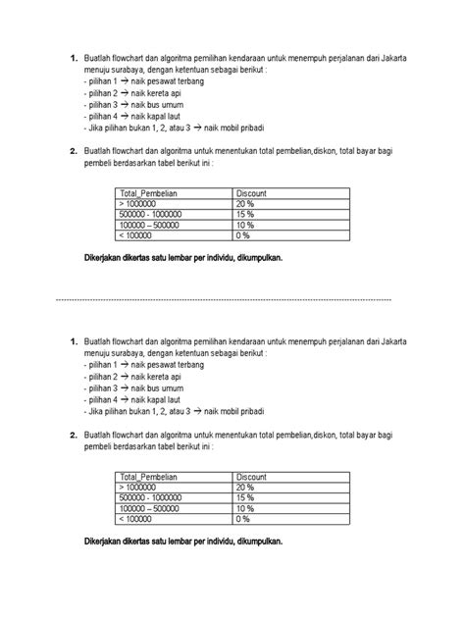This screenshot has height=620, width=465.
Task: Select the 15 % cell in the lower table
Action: pyautogui.click(x=245, y=499)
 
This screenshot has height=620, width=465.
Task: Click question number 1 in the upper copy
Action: pyautogui.click(x=73, y=59)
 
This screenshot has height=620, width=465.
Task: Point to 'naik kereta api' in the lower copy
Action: pyautogui.click(x=163, y=377)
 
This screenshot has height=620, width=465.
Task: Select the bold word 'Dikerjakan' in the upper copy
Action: pyautogui.click(x=108, y=258)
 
